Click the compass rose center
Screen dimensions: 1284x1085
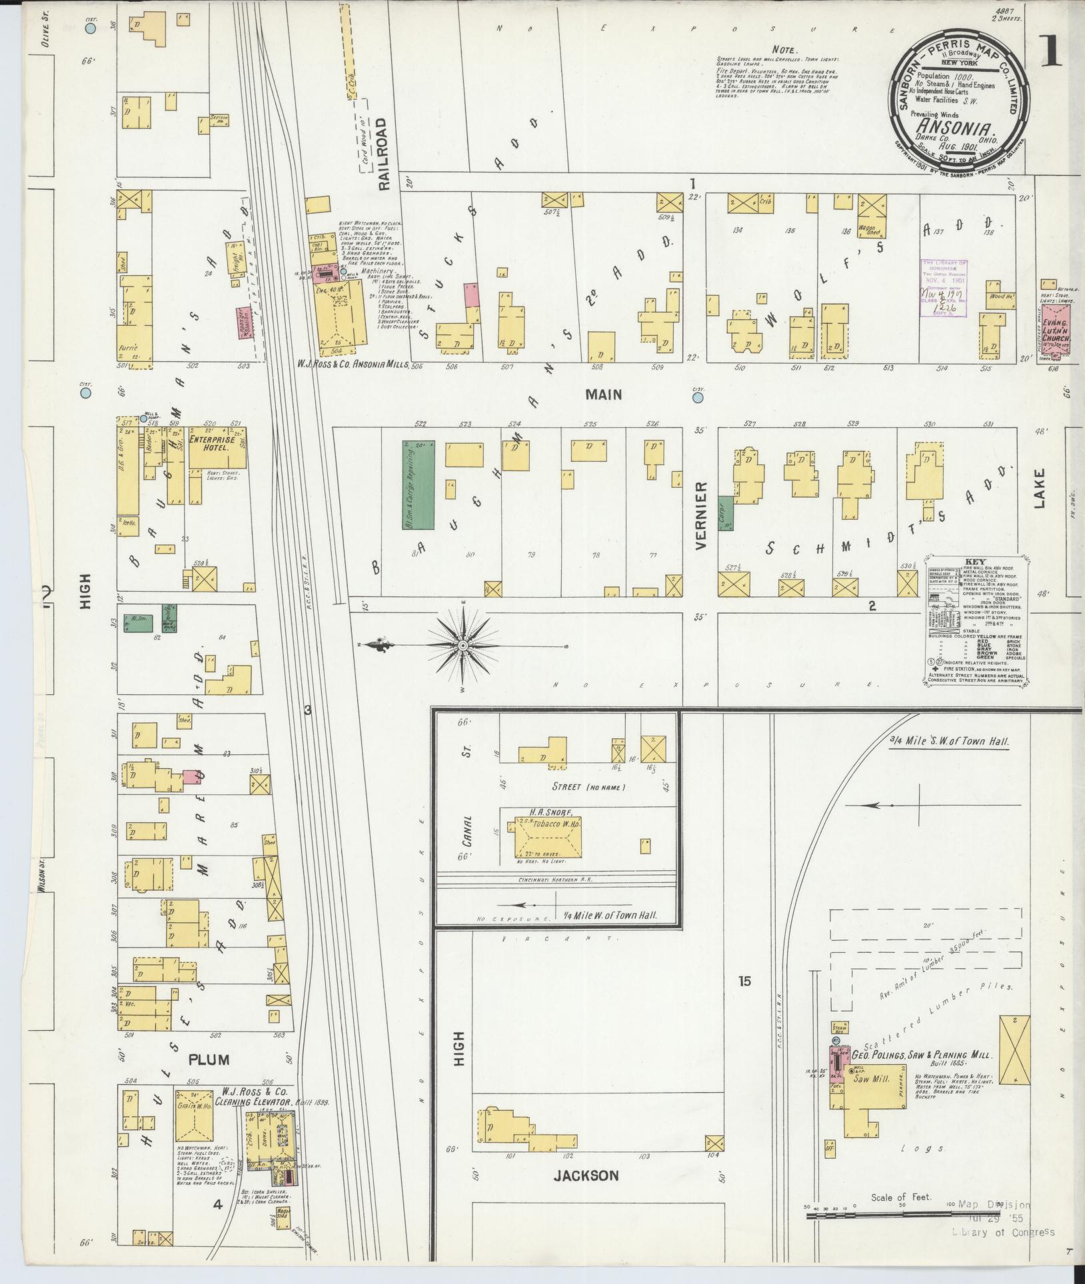click(462, 646)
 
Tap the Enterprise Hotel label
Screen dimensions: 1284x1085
click(209, 444)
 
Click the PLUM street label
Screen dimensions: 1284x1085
click(208, 1059)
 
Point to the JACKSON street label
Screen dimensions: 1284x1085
click(586, 1175)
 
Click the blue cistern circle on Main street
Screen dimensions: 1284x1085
click(698, 398)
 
